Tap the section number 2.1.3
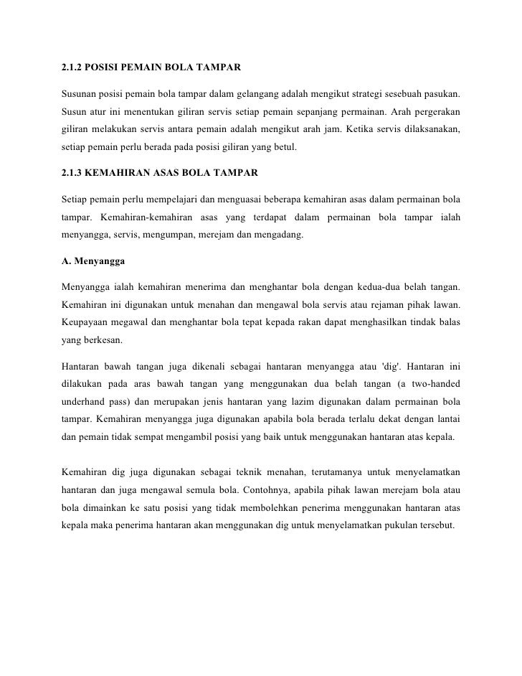coord(70,174)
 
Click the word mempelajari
coord(168,198)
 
